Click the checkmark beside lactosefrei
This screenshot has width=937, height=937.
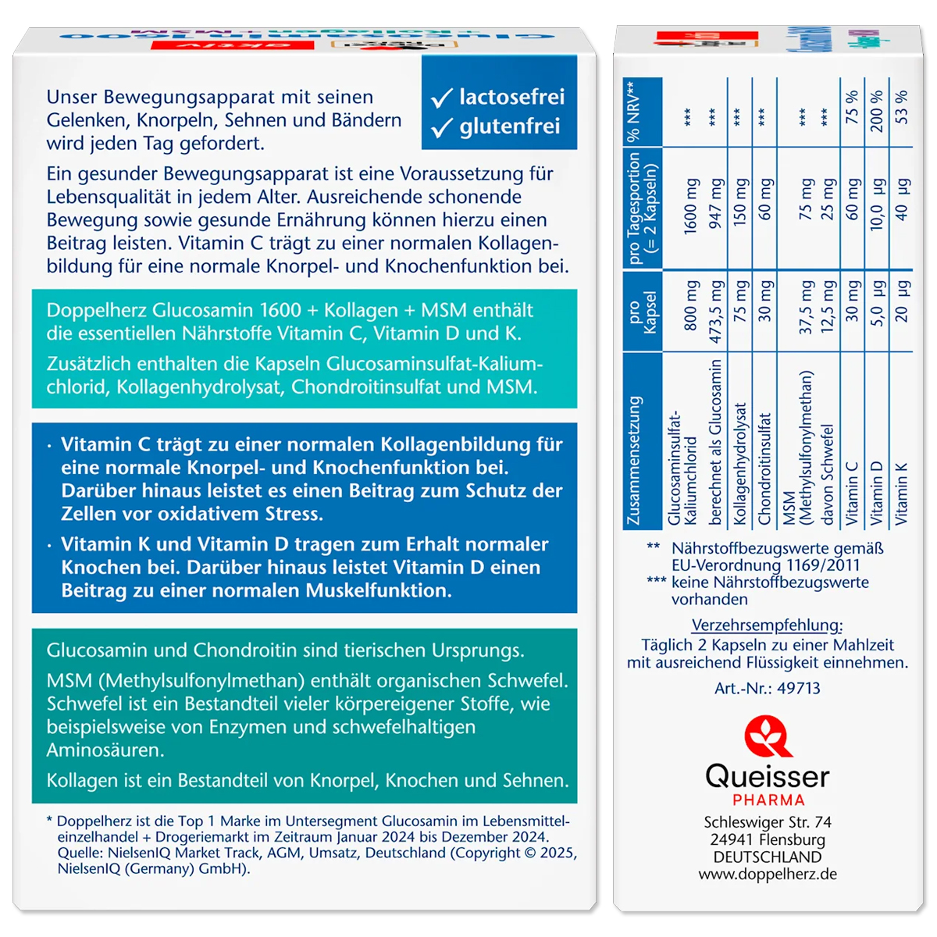(x=441, y=98)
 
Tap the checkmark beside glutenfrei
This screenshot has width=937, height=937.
(x=441, y=127)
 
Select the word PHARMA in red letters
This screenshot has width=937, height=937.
(x=768, y=800)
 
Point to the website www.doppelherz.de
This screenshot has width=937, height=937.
(x=768, y=874)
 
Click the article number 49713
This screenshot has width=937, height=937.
(x=799, y=688)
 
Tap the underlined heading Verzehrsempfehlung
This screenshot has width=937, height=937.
(x=767, y=625)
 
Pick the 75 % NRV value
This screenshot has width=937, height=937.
(x=852, y=107)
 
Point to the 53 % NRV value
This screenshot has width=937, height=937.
(x=902, y=107)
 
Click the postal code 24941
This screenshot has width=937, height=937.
(x=730, y=839)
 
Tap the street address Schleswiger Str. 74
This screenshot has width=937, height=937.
(x=768, y=822)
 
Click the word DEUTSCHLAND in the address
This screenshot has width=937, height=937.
(x=768, y=857)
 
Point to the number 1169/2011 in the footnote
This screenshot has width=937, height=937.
(x=820, y=565)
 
